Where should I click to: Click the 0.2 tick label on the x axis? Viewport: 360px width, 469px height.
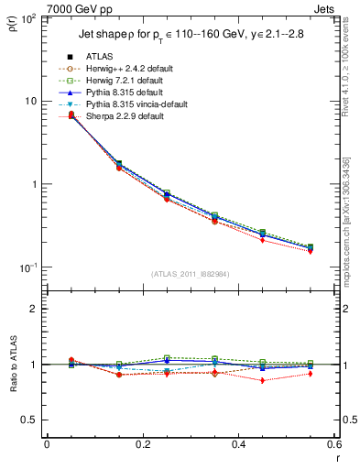pyautogui.click(x=142, y=444)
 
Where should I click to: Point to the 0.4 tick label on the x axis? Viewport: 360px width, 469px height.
pyautogui.click(x=238, y=444)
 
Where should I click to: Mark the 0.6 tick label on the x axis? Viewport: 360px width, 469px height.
pyautogui.click(x=333, y=444)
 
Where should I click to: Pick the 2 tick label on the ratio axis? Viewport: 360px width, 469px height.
pyautogui.click(x=33, y=309)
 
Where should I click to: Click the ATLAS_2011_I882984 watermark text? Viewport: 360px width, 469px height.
pyautogui.click(x=190, y=273)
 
